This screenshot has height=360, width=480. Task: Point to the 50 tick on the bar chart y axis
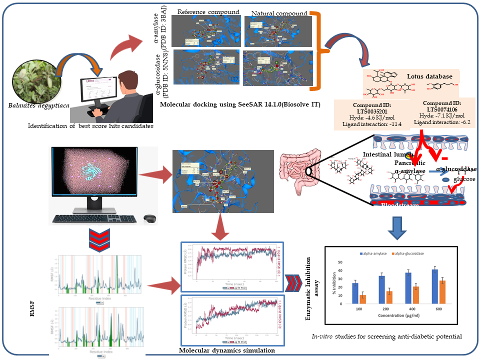340,262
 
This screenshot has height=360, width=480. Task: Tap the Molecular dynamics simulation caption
227,350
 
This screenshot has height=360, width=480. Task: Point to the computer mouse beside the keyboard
148,218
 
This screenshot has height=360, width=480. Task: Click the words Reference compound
202,11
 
